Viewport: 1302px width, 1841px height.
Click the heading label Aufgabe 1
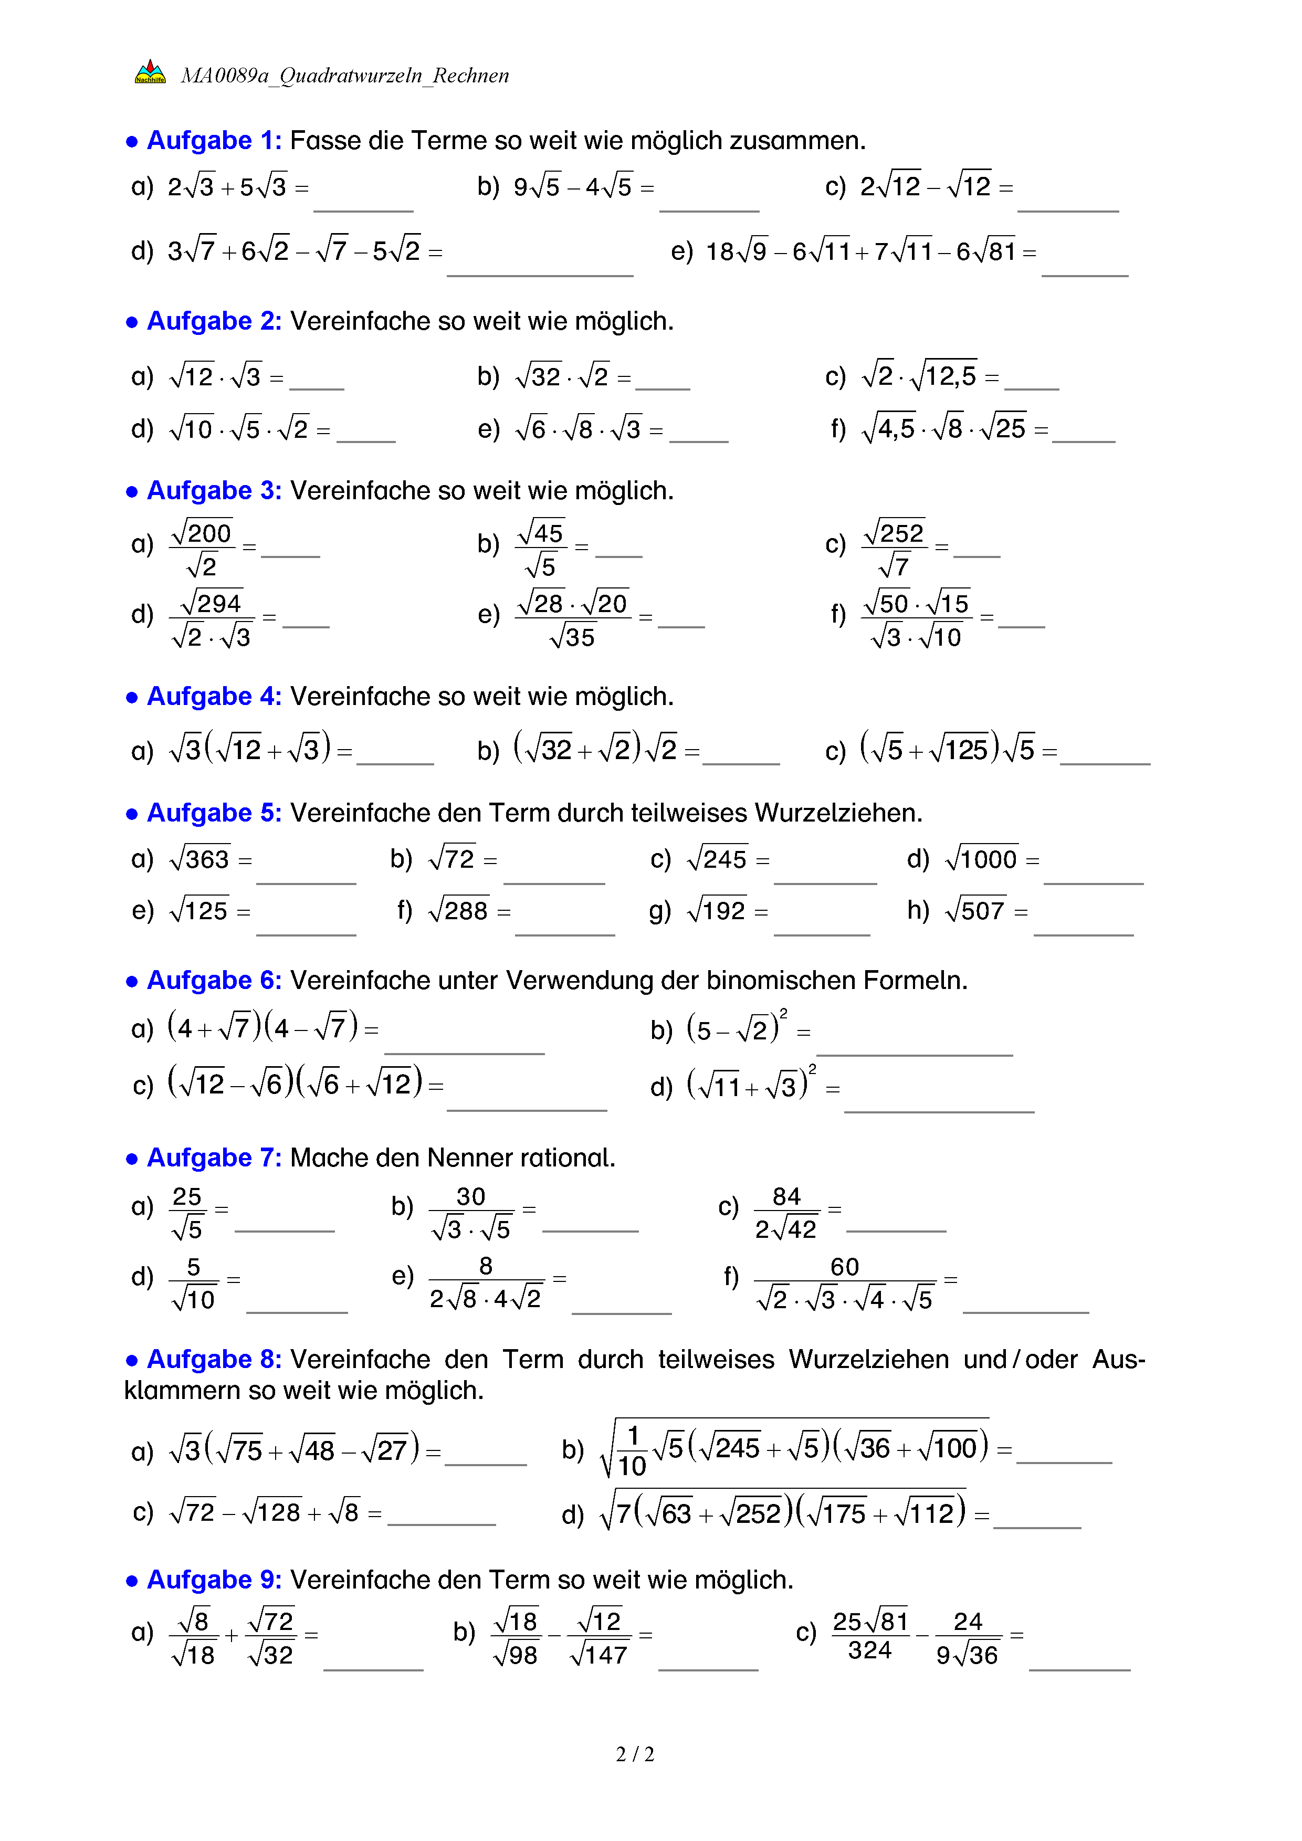click(213, 140)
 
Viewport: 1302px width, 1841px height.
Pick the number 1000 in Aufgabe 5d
click(989, 859)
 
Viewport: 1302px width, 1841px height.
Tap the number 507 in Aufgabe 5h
click(982, 911)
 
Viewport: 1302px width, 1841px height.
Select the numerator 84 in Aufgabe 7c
click(786, 1196)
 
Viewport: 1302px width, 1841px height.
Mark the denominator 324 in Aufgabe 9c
click(870, 1650)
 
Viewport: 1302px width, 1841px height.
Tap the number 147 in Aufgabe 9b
click(605, 1655)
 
